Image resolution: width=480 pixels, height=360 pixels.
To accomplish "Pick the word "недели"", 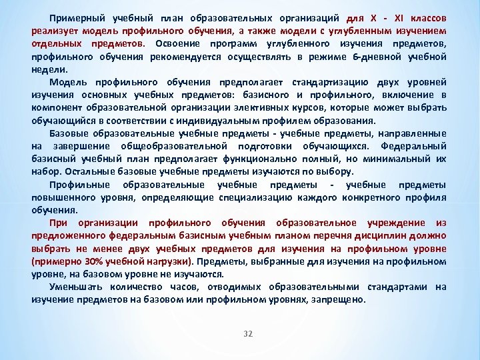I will click(x=49, y=69).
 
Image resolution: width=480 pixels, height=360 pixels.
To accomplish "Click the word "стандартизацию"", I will click(x=327, y=82).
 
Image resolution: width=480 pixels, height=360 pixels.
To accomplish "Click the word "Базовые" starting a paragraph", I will click(x=71, y=134).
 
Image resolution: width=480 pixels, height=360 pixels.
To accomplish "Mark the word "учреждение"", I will click(x=391, y=223).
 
